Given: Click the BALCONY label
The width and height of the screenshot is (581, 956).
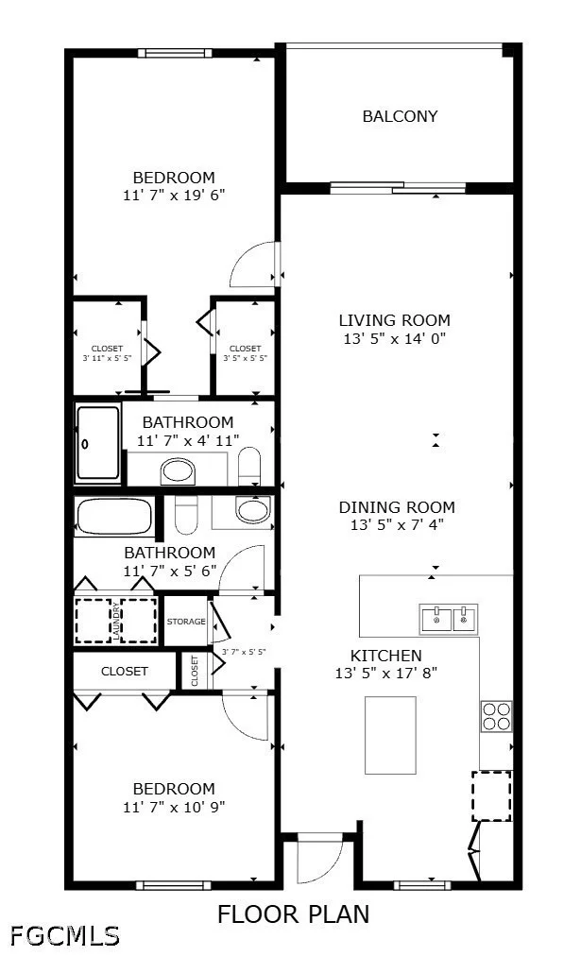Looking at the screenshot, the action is (400, 116).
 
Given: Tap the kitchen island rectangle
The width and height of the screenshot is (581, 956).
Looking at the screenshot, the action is (390, 735).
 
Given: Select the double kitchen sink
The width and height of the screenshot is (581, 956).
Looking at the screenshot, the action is (448, 619).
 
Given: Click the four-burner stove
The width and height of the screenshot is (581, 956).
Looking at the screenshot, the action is (496, 716).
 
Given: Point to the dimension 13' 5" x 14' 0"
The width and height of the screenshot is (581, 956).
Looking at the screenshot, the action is (395, 338).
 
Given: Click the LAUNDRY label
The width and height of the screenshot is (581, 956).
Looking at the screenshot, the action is (116, 621).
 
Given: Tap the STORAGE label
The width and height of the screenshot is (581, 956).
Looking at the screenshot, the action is (186, 622).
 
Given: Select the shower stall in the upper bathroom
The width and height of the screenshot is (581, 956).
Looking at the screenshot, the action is (97, 443).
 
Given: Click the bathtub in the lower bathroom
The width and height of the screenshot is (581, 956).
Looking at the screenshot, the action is (113, 517).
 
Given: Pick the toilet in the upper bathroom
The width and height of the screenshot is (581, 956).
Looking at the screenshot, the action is (248, 466).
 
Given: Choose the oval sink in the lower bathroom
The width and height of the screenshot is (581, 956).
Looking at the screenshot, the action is (252, 510).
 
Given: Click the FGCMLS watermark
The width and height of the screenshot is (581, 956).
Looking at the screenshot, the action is (64, 935).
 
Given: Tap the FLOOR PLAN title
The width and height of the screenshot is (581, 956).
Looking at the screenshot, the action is (293, 914).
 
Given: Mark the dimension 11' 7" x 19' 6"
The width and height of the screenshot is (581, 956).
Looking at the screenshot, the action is (175, 196).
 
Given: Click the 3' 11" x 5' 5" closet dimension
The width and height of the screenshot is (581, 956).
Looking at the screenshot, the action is (108, 359).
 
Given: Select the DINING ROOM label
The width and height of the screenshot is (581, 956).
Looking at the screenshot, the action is (397, 507).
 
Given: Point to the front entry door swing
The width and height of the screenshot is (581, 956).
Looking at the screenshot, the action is (319, 862).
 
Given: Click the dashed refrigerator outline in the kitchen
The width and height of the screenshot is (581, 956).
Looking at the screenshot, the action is (491, 796).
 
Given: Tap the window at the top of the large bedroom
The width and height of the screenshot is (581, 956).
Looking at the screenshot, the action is (175, 53).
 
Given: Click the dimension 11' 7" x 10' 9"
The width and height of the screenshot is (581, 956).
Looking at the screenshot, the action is (175, 807).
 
